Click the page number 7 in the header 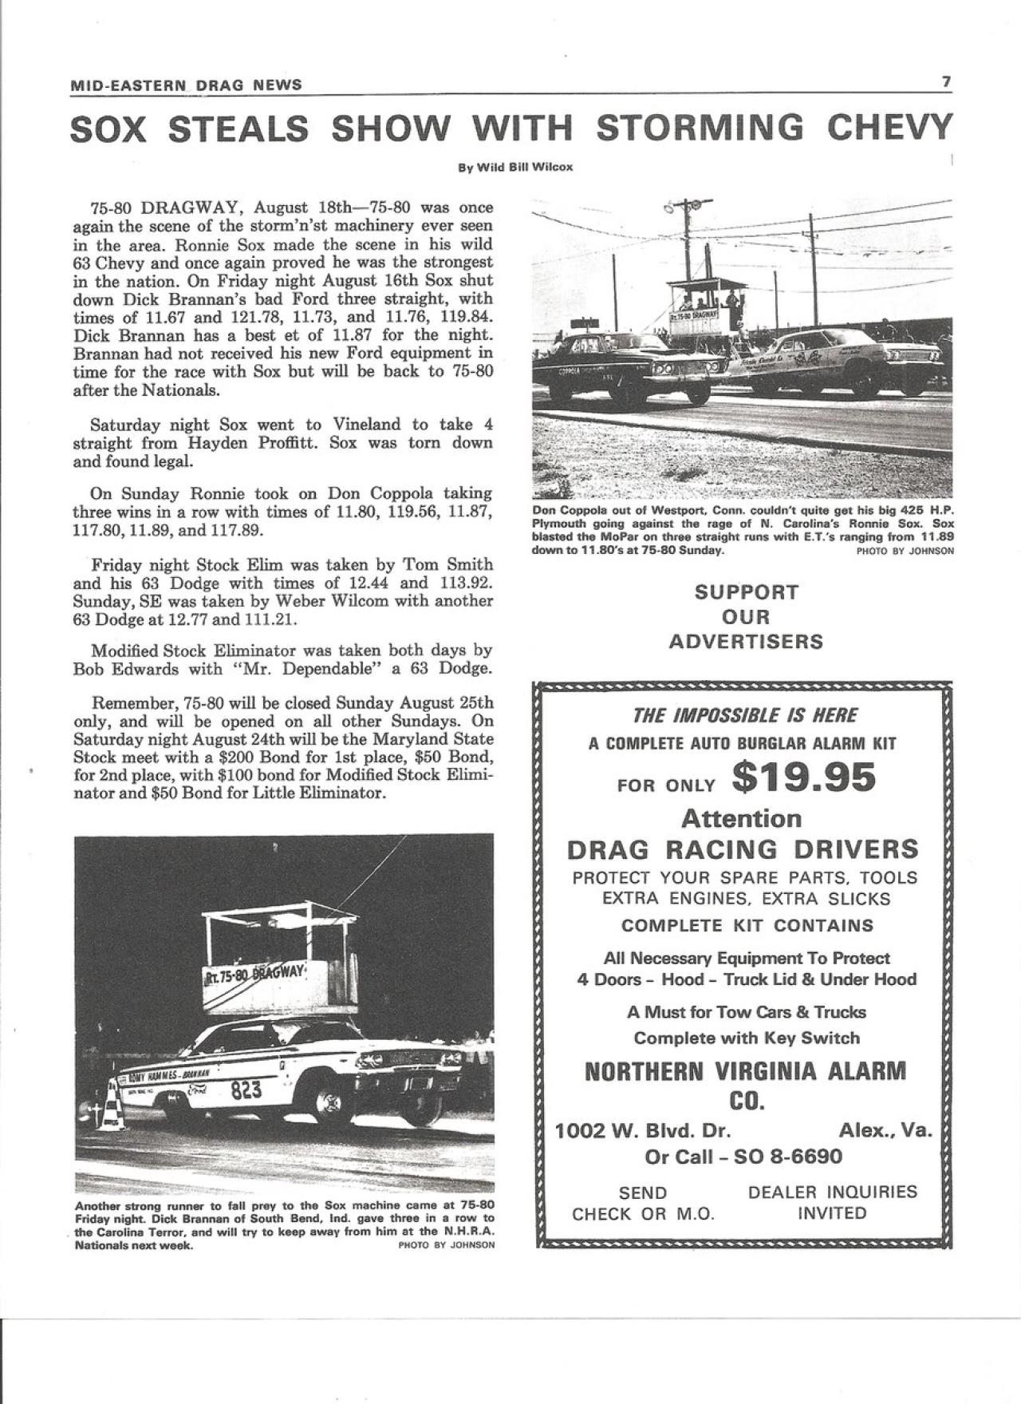[945, 81]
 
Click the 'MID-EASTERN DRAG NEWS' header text [187, 85]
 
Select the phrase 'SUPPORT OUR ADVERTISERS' [746, 616]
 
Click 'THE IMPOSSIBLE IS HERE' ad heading [745, 715]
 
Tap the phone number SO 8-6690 [788, 1156]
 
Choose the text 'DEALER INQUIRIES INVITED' [832, 1203]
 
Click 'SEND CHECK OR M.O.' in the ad [643, 1204]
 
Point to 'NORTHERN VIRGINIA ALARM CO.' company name [745, 1084]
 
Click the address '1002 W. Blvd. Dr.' [643, 1130]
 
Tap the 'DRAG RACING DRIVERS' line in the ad [743, 848]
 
